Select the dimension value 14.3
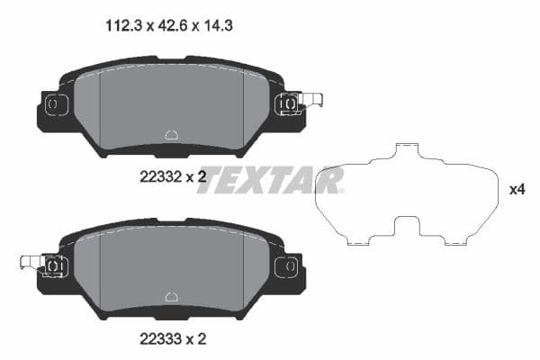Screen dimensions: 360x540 [205, 28]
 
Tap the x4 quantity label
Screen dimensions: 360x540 [517, 190]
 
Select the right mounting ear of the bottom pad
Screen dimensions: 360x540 [289, 268]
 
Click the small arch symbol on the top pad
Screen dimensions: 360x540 [171, 136]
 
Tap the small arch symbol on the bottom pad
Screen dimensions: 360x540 [171, 296]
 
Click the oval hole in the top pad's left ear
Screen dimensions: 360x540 [52, 104]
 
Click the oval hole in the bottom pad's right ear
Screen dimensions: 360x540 [290, 265]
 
